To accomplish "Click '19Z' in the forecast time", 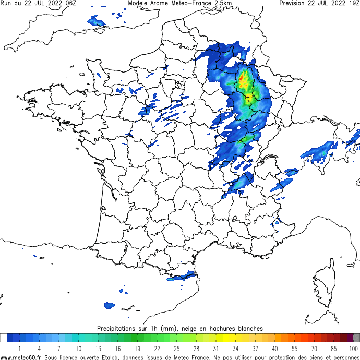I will point(352,3).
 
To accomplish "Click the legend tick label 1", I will point(19,349).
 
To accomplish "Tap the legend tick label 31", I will point(215,349).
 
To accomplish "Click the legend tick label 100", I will point(353,349).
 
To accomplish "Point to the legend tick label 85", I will point(334,349).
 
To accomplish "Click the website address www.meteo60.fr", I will point(21,357).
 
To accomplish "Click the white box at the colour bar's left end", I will point(4,338).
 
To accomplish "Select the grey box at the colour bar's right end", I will point(356,338).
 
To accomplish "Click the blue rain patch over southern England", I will point(97,22).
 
